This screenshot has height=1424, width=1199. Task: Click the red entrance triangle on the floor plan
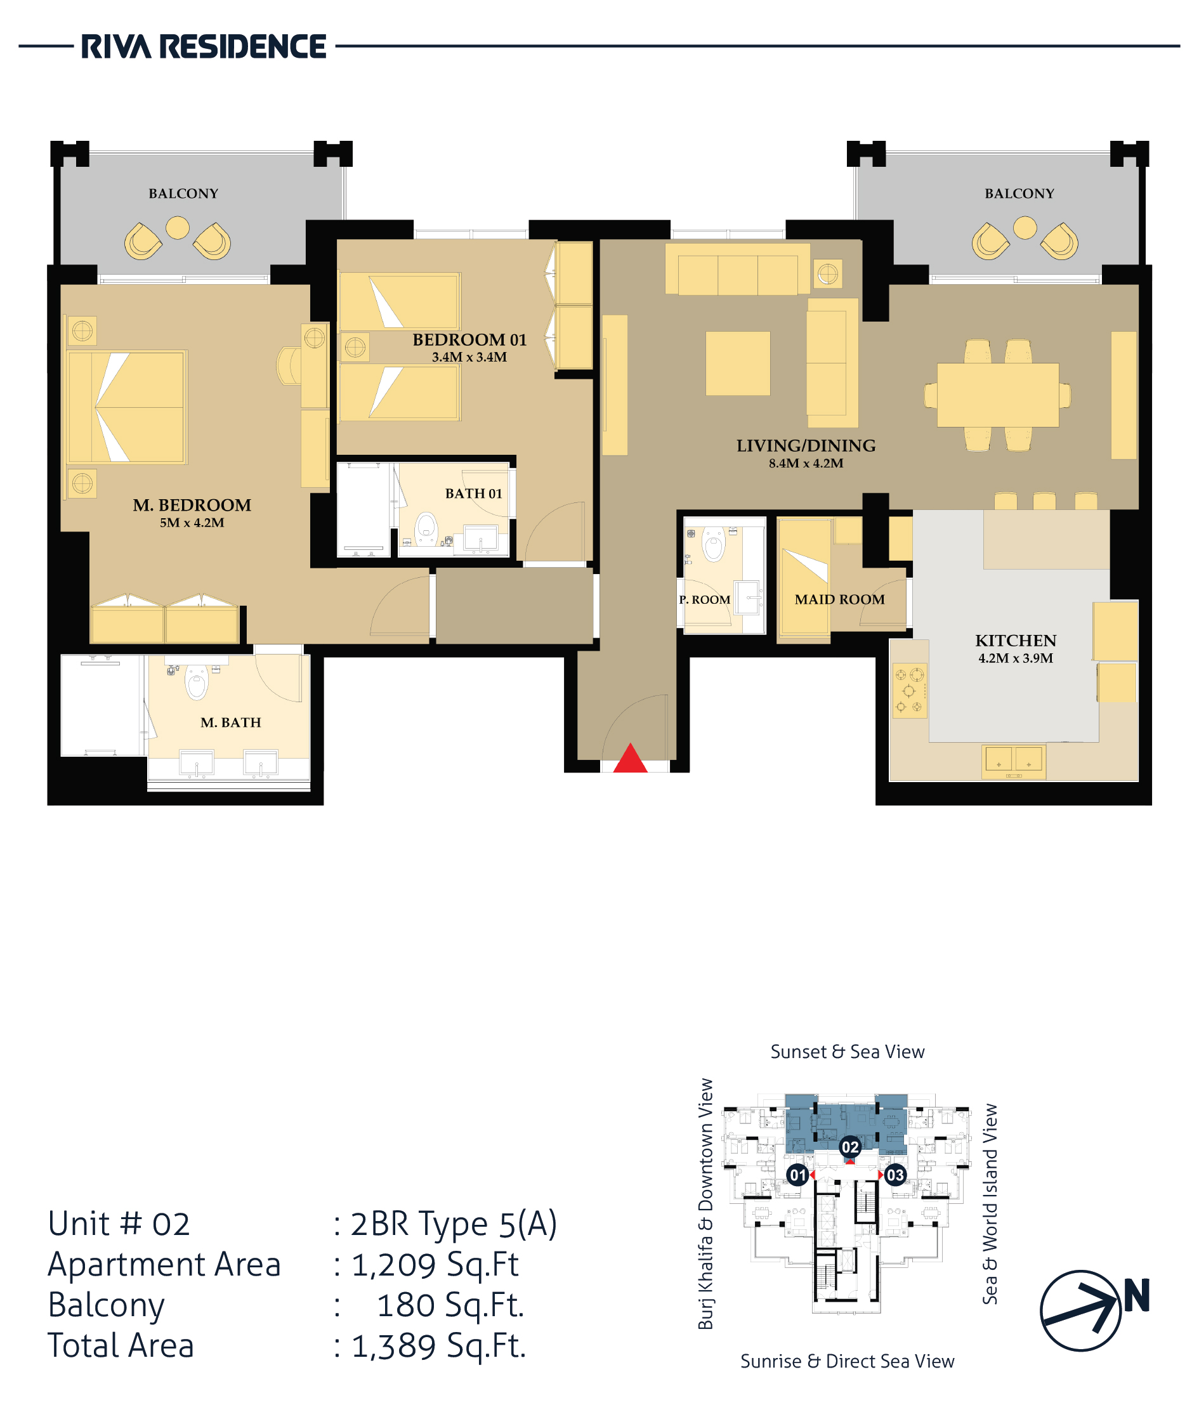tap(630, 758)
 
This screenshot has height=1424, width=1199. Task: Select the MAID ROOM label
tap(839, 599)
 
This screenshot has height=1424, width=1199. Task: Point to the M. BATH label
tap(230, 722)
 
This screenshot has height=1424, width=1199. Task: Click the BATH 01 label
tap(474, 493)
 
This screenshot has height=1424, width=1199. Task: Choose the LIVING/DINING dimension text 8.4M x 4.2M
tap(806, 464)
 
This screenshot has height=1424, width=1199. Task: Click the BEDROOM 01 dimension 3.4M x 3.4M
tap(469, 358)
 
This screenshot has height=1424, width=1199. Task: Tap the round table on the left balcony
tap(178, 228)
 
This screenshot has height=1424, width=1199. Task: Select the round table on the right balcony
tap(1025, 228)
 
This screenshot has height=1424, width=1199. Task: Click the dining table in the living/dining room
tap(998, 395)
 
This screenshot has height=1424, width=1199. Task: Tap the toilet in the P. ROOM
tap(714, 544)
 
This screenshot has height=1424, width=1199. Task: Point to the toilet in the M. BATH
tap(197, 682)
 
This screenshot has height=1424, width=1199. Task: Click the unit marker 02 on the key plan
tap(850, 1147)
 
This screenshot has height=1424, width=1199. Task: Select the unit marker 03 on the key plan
tap(895, 1175)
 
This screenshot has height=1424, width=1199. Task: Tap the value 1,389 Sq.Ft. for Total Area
tap(439, 1346)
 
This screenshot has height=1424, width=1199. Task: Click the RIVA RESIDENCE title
tap(204, 46)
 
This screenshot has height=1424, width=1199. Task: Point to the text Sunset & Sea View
tap(848, 1052)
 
